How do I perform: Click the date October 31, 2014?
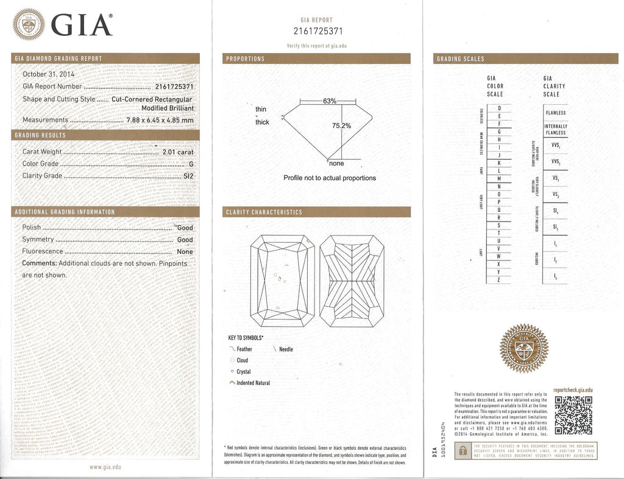tap(48, 74)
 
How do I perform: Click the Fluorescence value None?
tap(185, 251)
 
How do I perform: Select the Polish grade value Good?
tap(185, 228)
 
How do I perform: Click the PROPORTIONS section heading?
tap(245, 59)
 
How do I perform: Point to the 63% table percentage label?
tap(330, 101)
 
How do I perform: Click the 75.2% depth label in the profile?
tap(341, 126)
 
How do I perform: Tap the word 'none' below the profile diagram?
tap(336, 164)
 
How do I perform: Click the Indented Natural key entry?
tap(252, 383)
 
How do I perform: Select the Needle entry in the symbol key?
tap(286, 349)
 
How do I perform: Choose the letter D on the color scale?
tap(500, 108)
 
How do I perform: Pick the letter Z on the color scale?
tap(500, 279)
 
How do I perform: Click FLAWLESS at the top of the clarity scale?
tap(555, 113)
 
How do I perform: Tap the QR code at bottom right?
tap(573, 414)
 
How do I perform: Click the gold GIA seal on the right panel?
tap(523, 349)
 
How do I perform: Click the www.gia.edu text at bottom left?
tap(105, 467)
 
